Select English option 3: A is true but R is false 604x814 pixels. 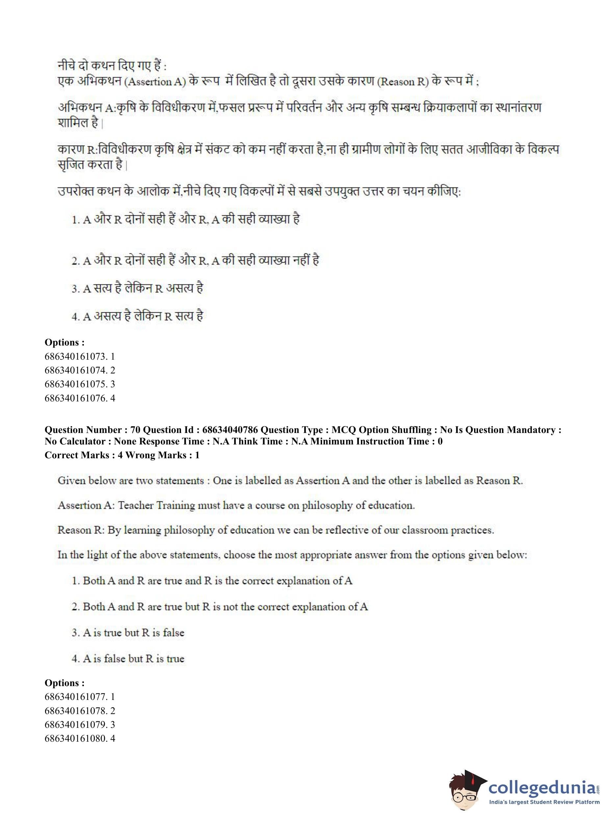tap(128, 633)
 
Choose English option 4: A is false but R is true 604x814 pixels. tap(128, 658)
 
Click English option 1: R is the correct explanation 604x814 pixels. tap(212, 581)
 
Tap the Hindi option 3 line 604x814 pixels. tap(137, 288)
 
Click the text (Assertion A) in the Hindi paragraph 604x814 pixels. tap(155, 82)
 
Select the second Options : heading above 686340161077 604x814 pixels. tap(64, 683)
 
